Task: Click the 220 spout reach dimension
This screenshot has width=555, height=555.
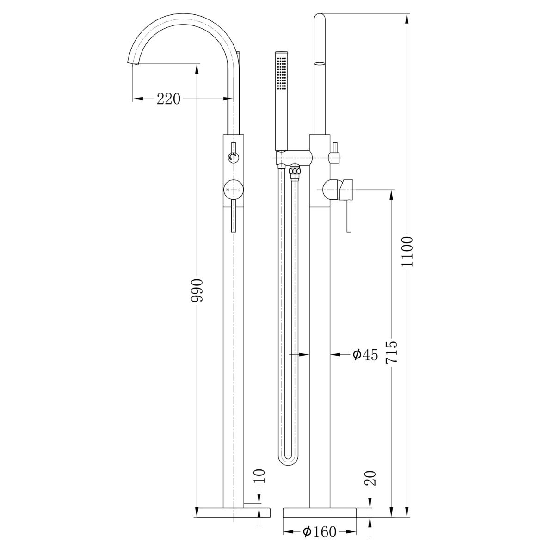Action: [x=168, y=99]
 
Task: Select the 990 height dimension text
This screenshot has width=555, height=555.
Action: [x=197, y=290]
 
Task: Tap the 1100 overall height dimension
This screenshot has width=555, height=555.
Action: [x=407, y=251]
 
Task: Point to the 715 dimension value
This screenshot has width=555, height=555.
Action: [x=392, y=352]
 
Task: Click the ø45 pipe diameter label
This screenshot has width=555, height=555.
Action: [x=365, y=355]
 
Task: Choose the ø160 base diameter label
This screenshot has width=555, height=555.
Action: [x=320, y=532]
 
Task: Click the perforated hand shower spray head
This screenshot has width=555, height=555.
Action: [x=281, y=72]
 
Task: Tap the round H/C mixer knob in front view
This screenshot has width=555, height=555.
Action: [x=234, y=190]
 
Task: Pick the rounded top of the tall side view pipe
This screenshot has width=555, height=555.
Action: [x=320, y=18]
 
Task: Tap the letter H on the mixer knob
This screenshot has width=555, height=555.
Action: [x=228, y=190]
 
